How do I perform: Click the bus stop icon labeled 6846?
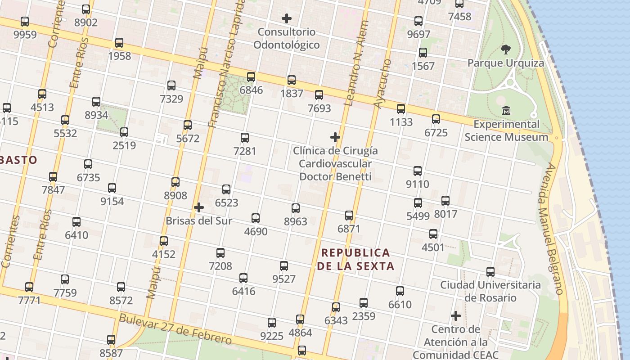pos(251,77)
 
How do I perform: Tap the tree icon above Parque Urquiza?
pos(506,49)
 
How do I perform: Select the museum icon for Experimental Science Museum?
pos(506,110)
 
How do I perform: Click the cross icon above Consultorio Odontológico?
pos(287,18)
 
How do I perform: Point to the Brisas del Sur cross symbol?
pos(199,207)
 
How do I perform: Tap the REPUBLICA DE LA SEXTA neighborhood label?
pos(356,259)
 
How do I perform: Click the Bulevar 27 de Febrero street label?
pos(175,330)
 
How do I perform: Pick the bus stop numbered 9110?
pos(418,171)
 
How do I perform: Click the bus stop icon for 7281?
pos(245,138)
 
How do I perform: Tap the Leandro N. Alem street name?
pos(356,63)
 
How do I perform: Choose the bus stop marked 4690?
pos(256,218)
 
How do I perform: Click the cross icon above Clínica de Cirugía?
pos(335,137)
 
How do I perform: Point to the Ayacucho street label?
pos(383,83)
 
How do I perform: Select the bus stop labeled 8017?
pos(445,201)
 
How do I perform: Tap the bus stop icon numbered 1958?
pos(119,43)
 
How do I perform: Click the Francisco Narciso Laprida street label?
pos(229,63)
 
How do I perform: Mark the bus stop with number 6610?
pos(400,291)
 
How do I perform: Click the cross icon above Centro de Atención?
pos(456,316)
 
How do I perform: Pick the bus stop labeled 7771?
pos(29,287)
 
